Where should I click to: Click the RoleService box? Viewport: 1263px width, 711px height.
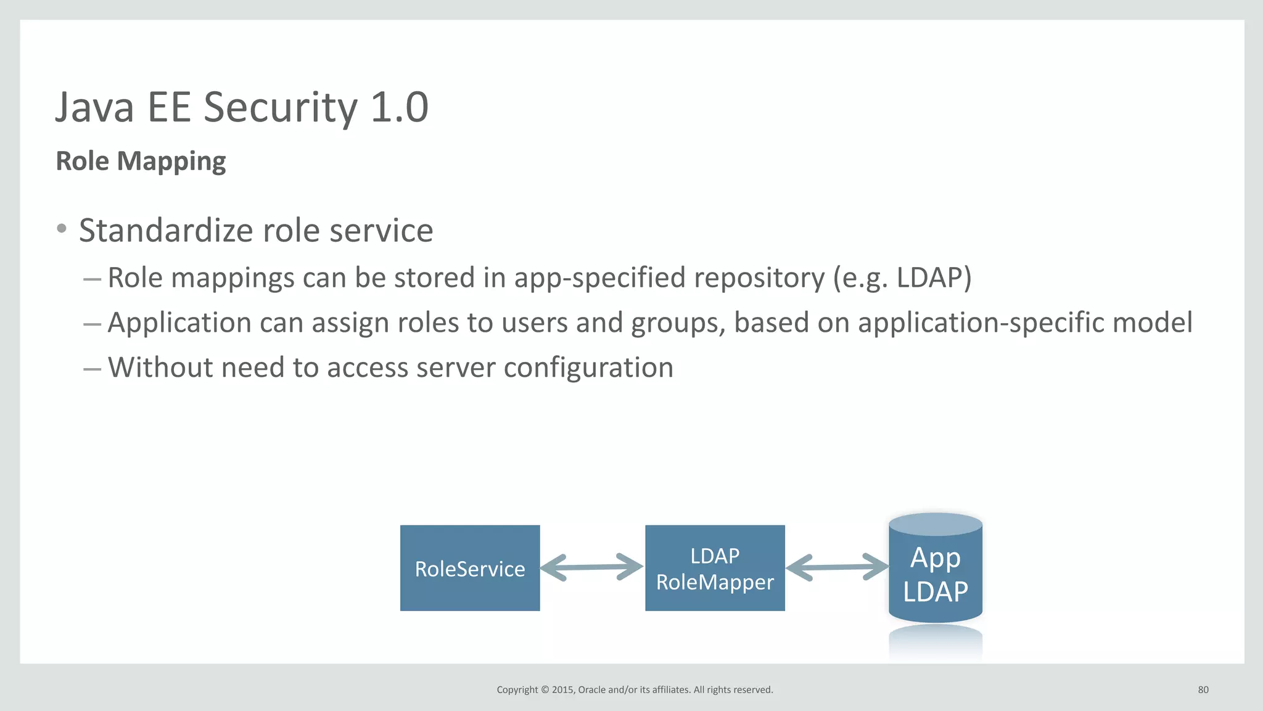[470, 568]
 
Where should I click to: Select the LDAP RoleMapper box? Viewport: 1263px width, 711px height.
[715, 568]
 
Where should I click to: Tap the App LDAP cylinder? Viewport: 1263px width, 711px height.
[935, 573]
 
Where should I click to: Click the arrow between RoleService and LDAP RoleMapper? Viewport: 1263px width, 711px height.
[592, 567]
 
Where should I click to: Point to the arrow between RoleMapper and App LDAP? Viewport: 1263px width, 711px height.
[837, 567]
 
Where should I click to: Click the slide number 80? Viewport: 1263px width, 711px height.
[1203, 689]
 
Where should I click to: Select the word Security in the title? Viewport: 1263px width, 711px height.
[281, 107]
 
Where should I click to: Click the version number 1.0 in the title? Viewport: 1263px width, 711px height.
[400, 107]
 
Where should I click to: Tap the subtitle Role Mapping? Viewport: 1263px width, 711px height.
[141, 161]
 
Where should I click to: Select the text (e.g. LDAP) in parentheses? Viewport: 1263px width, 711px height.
[902, 277]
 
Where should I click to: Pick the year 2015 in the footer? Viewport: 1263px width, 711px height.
[562, 689]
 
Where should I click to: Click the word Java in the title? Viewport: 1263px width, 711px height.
[95, 107]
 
